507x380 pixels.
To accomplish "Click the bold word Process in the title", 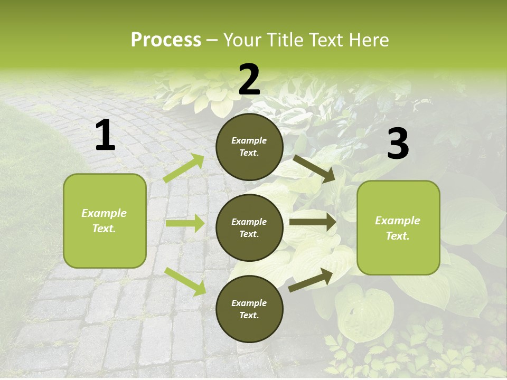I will (x=166, y=40).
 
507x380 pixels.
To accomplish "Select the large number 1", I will (x=105, y=136).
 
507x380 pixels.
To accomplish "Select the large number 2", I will (x=249, y=80).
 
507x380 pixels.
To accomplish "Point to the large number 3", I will (x=398, y=145).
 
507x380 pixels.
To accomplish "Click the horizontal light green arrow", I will (x=185, y=224).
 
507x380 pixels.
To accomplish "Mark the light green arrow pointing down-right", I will (x=185, y=281).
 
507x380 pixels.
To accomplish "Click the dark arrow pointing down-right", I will (x=315, y=169).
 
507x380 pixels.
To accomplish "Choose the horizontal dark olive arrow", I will (x=313, y=222).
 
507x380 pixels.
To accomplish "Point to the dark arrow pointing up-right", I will (x=311, y=280).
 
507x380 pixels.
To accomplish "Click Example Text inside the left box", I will (x=104, y=221).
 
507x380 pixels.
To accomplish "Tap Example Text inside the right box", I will (x=398, y=228).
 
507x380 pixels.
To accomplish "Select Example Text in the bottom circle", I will (x=249, y=309).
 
